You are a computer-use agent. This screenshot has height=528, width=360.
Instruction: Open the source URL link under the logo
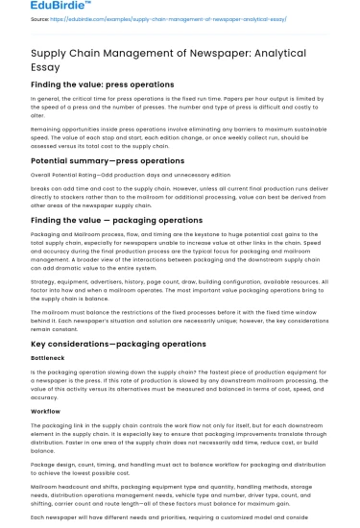158,18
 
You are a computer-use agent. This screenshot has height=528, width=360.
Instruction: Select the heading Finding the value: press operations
103,84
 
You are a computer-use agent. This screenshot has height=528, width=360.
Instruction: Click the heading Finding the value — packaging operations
118,220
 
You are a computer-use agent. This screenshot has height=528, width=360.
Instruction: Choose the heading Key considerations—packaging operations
118,344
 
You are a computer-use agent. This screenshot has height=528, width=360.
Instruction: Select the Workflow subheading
45,411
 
